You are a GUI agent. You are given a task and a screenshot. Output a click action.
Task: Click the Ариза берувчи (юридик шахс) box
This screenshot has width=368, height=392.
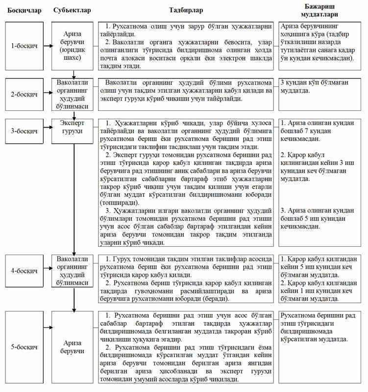point(73,46)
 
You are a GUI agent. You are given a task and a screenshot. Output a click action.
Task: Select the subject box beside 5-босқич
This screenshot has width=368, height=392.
point(73,348)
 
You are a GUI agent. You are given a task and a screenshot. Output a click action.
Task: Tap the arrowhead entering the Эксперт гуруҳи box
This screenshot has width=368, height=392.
point(73,116)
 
